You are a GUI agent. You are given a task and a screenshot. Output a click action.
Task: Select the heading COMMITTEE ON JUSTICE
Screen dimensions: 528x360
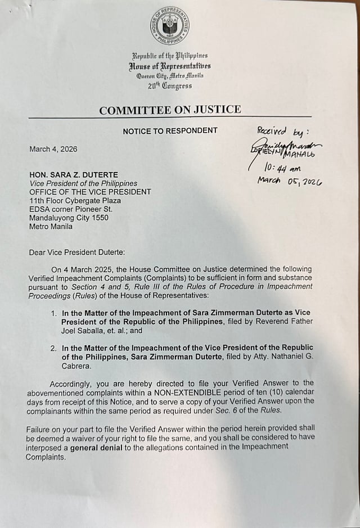pos(170,110)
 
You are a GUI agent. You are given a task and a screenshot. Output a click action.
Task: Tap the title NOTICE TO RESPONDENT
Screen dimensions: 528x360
pos(170,130)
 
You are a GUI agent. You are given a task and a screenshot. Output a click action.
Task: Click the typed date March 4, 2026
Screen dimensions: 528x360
pos(53,150)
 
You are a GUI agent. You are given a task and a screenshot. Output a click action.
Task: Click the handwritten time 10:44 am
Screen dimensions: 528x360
pos(282,168)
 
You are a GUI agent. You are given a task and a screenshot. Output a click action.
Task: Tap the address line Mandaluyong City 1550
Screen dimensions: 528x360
pos(69,218)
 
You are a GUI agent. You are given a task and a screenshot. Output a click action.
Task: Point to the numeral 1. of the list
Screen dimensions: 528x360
pos(53,312)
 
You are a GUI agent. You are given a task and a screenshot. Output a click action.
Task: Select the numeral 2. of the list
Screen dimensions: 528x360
pos(53,348)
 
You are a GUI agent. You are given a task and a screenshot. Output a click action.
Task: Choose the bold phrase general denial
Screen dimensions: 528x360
pos(95,448)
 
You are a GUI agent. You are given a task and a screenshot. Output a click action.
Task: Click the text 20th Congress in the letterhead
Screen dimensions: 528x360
pos(170,86)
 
